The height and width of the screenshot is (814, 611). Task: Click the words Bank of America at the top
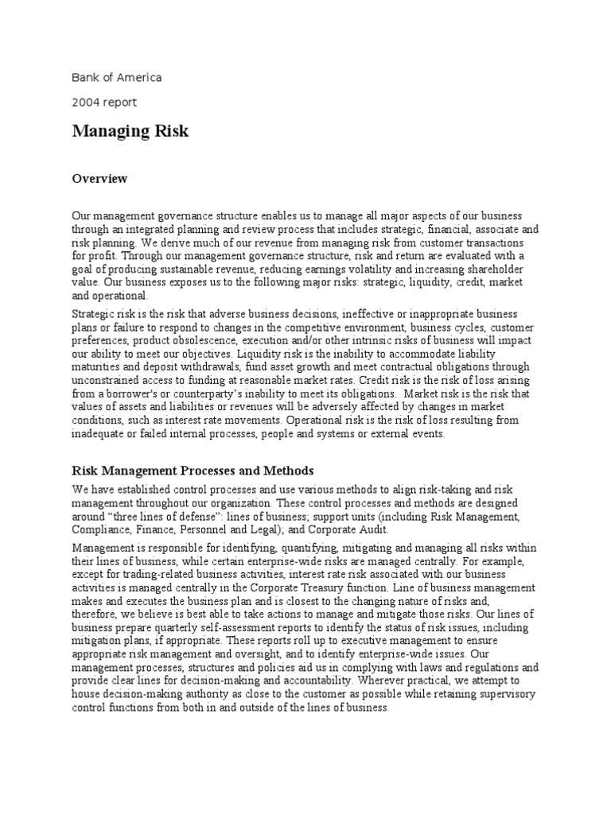click(116, 77)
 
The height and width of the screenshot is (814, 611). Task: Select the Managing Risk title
click(130, 130)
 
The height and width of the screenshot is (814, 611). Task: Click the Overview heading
click(99, 179)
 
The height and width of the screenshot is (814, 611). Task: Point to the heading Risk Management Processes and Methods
click(193, 471)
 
